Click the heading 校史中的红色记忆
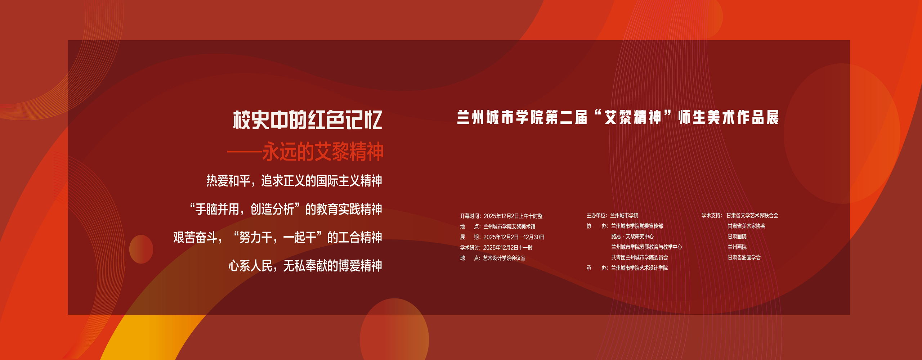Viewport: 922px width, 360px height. tap(307, 120)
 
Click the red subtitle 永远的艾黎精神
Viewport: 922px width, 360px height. tap(323, 152)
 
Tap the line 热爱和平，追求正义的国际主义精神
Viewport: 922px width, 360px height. tap(294, 181)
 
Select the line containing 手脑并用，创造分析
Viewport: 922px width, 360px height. tap(286, 209)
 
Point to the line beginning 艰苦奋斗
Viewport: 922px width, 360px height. tap(278, 238)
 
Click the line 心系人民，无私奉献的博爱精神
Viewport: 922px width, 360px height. tap(305, 266)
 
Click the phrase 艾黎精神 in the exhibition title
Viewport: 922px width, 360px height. tap(633, 118)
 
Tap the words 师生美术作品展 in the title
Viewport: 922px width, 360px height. tap(729, 118)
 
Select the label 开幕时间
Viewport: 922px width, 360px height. tap(470, 216)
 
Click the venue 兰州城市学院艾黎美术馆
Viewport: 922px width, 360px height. tap(509, 226)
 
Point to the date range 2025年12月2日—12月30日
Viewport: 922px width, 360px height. tap(514, 237)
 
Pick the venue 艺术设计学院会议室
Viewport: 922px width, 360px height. tap(504, 258)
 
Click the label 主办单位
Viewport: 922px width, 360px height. tap(596, 215)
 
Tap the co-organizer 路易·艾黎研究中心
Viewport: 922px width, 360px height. tap(632, 236)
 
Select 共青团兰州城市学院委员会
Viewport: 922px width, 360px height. tap(640, 257)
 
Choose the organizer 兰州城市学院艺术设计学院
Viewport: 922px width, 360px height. tap(639, 267)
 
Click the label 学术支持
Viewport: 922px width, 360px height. tap(711, 215)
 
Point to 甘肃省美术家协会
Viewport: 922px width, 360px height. tap(746, 226)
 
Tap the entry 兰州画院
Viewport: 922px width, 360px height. tap(737, 247)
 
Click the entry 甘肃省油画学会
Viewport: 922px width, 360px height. tap(744, 257)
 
